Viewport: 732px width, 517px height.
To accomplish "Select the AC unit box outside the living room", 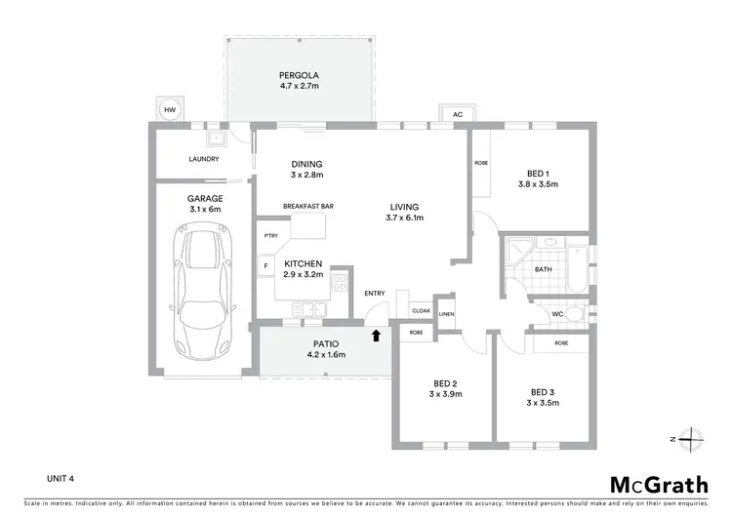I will click(457, 114).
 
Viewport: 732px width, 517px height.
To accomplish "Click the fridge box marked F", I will click(266, 264).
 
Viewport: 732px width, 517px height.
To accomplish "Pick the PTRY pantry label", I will click(270, 235).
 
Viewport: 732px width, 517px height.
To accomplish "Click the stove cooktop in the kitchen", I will click(341, 283).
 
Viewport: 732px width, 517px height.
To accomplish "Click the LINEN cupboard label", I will click(446, 314).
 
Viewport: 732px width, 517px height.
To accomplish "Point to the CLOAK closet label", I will click(421, 310).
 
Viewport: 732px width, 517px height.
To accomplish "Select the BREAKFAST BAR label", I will click(308, 207).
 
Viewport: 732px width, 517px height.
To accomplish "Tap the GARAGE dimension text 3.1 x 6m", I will click(205, 209).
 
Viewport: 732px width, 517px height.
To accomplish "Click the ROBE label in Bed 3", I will click(561, 343).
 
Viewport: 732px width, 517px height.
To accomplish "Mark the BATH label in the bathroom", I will click(544, 268).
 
